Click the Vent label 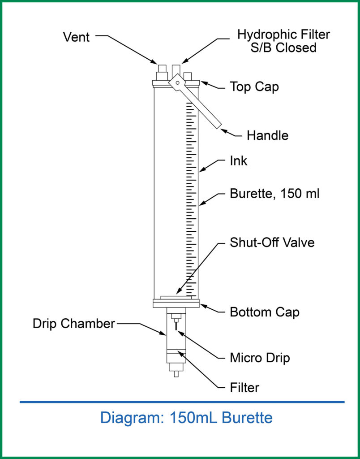76,37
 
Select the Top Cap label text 254,87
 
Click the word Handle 267,135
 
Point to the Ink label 238,161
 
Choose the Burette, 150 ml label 274,194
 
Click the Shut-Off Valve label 272,242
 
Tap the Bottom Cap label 264,312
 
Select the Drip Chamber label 73,324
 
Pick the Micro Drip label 260,358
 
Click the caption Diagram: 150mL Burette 186,418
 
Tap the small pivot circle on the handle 177,82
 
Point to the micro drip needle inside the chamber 176,328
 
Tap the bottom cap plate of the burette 176,303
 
